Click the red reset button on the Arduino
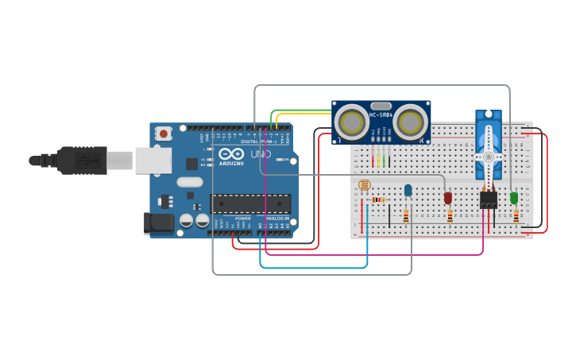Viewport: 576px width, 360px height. [x=164, y=134]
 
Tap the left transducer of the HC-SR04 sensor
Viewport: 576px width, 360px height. [x=350, y=122]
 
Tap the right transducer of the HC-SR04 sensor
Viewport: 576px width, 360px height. [x=411, y=122]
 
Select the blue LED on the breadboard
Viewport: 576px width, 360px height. [x=408, y=191]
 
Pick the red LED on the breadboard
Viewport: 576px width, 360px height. [x=448, y=198]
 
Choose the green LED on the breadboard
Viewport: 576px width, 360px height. [x=514, y=198]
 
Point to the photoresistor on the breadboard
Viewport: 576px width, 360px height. [x=365, y=186]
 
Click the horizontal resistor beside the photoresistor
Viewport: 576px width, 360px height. [x=378, y=199]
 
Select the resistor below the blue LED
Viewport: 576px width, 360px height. [x=406, y=216]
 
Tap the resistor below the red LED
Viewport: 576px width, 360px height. [x=450, y=216]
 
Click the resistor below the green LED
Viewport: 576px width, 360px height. [x=516, y=216]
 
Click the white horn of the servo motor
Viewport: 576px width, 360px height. [x=489, y=155]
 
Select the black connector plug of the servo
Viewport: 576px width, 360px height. [x=489, y=199]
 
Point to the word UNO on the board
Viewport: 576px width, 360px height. [x=261, y=153]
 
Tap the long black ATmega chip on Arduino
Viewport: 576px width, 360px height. [x=249, y=203]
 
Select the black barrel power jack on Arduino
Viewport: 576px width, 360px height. [x=158, y=223]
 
